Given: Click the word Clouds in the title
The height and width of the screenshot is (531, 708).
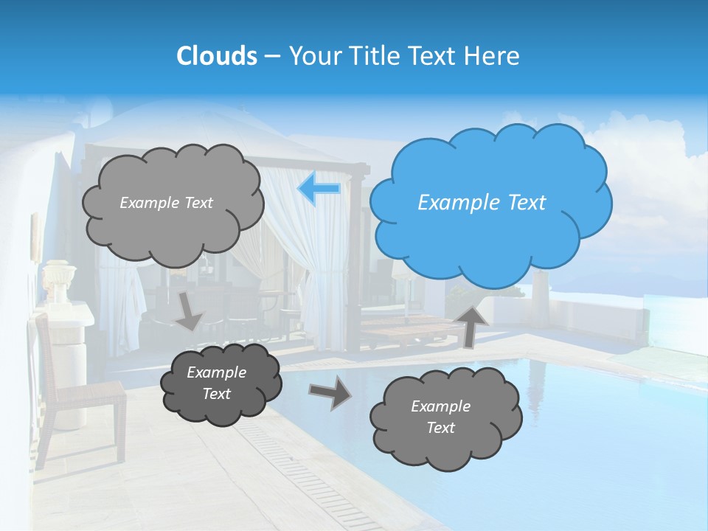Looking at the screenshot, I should pos(217,56).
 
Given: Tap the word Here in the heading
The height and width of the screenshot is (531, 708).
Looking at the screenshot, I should pos(493,56).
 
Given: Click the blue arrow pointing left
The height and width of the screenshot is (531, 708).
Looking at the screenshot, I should pos(319,190).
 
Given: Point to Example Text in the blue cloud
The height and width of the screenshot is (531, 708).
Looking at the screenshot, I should pos(482,203).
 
